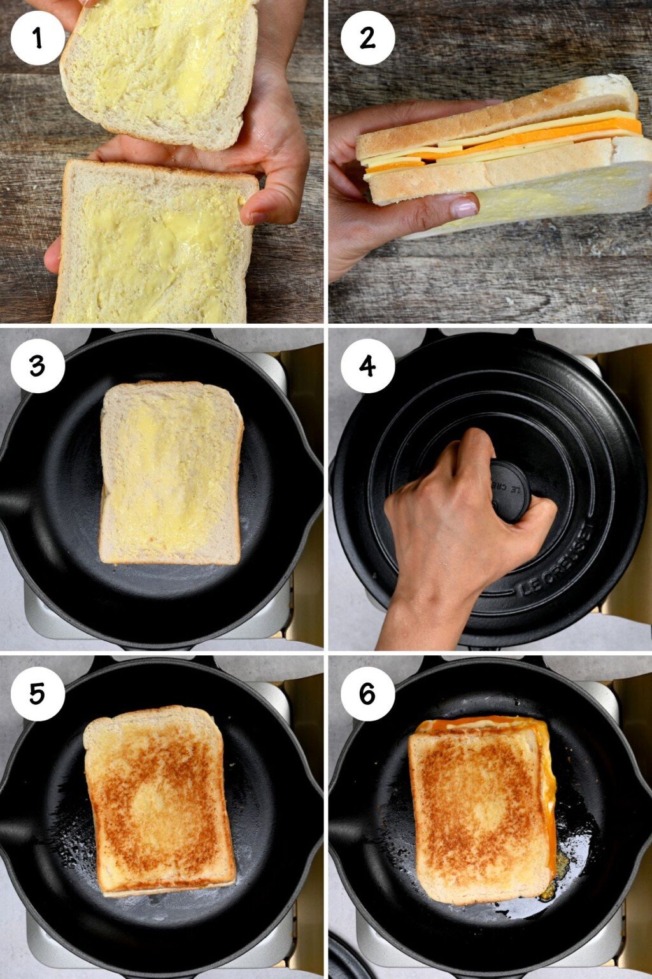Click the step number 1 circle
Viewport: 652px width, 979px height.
38,38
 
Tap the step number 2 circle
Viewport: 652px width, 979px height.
367,38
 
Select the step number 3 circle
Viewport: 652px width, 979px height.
38,366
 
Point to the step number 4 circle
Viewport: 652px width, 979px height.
367,366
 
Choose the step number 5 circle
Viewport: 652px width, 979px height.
38,694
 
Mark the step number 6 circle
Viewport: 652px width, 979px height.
367,694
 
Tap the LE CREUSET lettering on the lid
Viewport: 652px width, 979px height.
556,561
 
